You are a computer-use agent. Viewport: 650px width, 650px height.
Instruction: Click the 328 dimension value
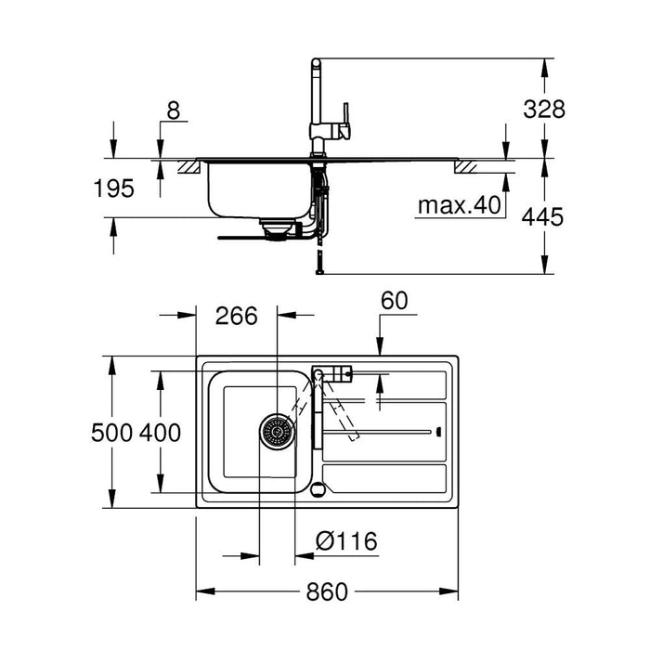pos(544,109)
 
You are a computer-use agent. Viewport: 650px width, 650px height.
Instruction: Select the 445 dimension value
pos(544,216)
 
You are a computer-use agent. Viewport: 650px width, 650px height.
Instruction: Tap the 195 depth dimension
pos(113,188)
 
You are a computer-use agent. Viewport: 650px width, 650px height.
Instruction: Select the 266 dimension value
pos(236,316)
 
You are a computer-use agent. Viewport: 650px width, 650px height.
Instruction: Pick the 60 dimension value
pos(394,300)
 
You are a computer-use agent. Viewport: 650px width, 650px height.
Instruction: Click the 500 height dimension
pos(113,432)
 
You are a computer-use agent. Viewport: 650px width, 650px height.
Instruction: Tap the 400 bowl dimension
pos(160,432)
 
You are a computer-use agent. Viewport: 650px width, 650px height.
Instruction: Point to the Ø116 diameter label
pos(345,541)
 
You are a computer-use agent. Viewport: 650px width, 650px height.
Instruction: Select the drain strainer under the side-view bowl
pos(277,227)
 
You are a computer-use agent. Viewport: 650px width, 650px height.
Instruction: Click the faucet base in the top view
pos(318,374)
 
